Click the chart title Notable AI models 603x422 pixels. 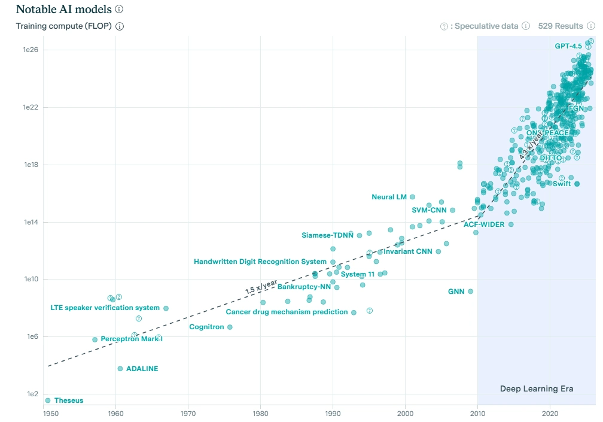pyautogui.click(x=64, y=10)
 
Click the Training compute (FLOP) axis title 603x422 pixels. pyautogui.click(x=64, y=26)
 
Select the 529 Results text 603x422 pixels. pyautogui.click(x=560, y=26)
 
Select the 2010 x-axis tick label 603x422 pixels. pyautogui.click(x=477, y=413)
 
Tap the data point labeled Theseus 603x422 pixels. pyautogui.click(x=48, y=400)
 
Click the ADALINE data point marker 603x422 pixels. pyautogui.click(x=120, y=369)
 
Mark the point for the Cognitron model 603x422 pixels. pyautogui.click(x=230, y=327)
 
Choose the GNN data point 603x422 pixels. pyautogui.click(x=470, y=292)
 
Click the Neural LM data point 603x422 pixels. pyautogui.click(x=412, y=197)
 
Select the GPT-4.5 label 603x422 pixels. pyautogui.click(x=568, y=46)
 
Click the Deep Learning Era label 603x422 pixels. pyautogui.click(x=536, y=389)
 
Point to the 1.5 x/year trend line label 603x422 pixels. pyautogui.click(x=261, y=286)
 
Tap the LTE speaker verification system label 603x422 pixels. pyautogui.click(x=105, y=308)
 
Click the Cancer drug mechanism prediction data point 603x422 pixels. pyautogui.click(x=354, y=312)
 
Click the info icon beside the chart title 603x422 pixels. pyautogui.click(x=119, y=10)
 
